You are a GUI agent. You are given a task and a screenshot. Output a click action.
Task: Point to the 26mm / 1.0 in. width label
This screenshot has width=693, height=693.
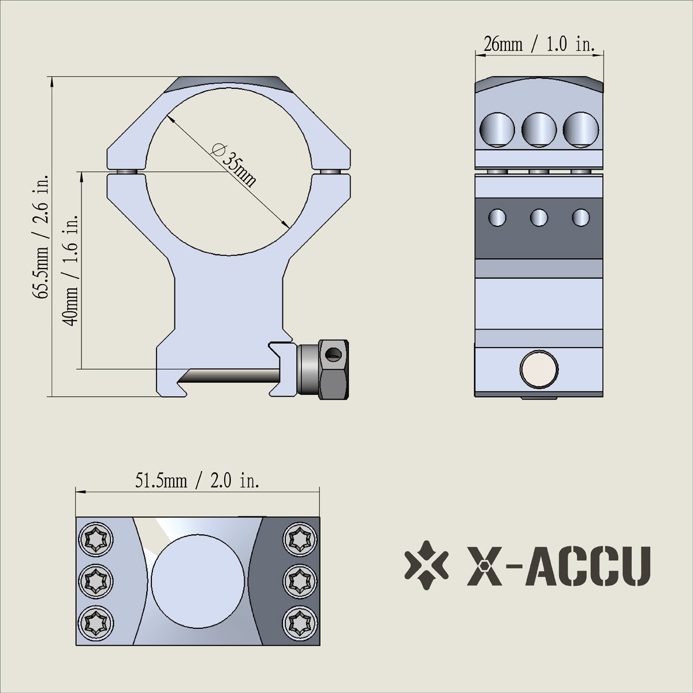tap(538, 44)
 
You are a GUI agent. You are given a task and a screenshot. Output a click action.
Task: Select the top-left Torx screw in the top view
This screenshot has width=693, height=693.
tap(94, 539)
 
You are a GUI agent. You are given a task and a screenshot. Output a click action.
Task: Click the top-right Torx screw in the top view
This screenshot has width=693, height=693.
tap(300, 539)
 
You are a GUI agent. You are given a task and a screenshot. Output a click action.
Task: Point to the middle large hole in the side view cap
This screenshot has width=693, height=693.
tap(539, 128)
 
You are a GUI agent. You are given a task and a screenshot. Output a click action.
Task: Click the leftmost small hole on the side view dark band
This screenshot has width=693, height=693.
tap(497, 218)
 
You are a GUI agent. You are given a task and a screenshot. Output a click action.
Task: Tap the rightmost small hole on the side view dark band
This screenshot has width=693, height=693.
tap(580, 218)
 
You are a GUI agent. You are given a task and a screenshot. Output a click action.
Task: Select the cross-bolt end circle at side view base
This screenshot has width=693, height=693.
tap(539, 369)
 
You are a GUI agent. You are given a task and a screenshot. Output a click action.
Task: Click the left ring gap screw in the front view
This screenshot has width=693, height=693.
tap(125, 172)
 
